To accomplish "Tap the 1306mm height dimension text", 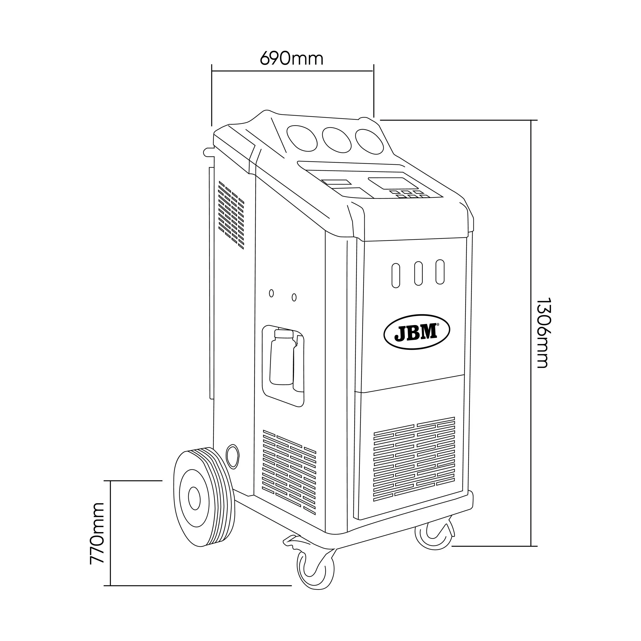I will click(x=543, y=333).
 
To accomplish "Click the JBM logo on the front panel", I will click(x=416, y=332).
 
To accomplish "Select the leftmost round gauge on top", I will click(x=302, y=138).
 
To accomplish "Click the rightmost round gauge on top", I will click(x=370, y=142).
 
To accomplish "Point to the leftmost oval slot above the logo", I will click(x=395, y=275).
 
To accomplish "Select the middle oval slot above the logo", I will click(x=418, y=273).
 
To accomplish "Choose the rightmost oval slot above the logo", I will click(x=440, y=272).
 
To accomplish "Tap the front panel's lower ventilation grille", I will click(x=414, y=459).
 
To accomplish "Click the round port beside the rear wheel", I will click(x=232, y=456).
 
